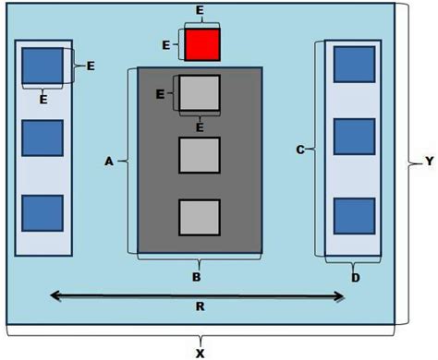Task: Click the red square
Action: pyautogui.click(x=201, y=44)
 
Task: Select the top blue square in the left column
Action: pyautogui.click(x=42, y=65)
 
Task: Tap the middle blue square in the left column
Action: pyautogui.click(x=42, y=138)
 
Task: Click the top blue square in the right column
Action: pyautogui.click(x=353, y=63)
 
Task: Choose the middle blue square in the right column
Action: pyautogui.click(x=353, y=137)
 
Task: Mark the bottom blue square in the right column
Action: pyautogui.click(x=353, y=215)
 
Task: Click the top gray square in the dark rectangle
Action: pyautogui.click(x=199, y=93)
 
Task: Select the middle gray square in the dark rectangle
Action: pyautogui.click(x=199, y=154)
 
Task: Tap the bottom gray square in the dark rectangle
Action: pyautogui.click(x=199, y=218)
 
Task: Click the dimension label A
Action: pyautogui.click(x=109, y=161)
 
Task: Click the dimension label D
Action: pyautogui.click(x=354, y=275)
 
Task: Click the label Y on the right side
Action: pyautogui.click(x=428, y=162)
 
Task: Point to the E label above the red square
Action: pyautogui.click(x=201, y=10)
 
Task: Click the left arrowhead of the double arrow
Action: pyautogui.click(x=54, y=295)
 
